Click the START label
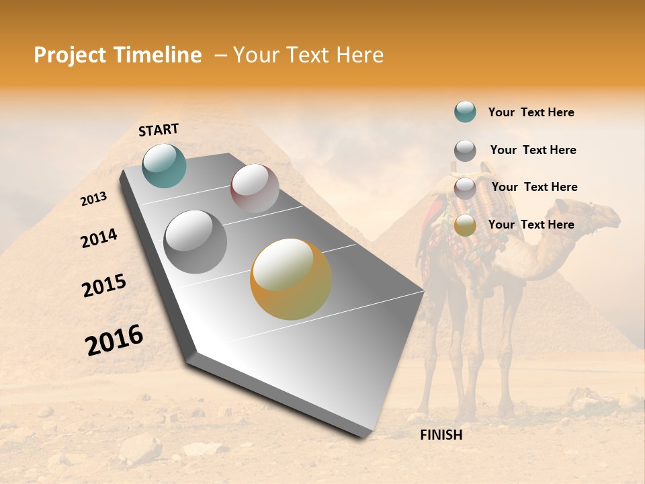tap(159, 130)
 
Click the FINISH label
tap(441, 435)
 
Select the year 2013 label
tap(94, 199)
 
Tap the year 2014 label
tap(99, 239)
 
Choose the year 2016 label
tap(114, 340)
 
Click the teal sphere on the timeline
tap(164, 165)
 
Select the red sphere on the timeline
tap(255, 188)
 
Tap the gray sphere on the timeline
tap(196, 242)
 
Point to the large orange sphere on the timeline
tap(291, 279)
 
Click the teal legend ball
tap(465, 112)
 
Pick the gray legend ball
tap(465, 151)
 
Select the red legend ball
tap(465, 188)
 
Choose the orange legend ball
tap(465, 226)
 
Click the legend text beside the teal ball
tap(531, 112)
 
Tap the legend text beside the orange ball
tap(531, 225)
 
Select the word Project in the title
tap(69, 55)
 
